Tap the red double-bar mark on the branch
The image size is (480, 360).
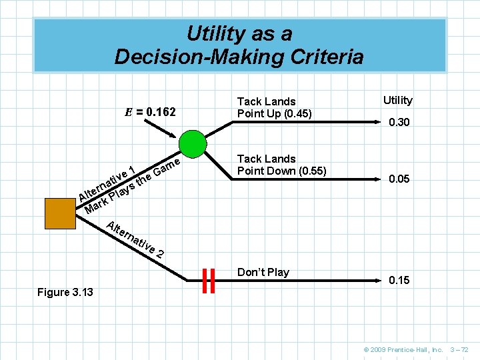pyautogui.click(x=208, y=281)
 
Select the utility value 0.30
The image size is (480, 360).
pyautogui.click(x=399, y=123)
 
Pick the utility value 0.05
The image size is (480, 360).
pyautogui.click(x=399, y=179)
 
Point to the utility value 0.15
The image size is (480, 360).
pyautogui.click(x=399, y=280)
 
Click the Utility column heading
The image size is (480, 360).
pyautogui.click(x=398, y=100)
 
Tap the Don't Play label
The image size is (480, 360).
pyautogui.click(x=263, y=272)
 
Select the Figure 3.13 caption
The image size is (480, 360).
pyautogui.click(x=65, y=292)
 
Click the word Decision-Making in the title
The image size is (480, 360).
pyautogui.click(x=200, y=57)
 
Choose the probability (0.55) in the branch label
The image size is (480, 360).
pyautogui.click(x=307, y=171)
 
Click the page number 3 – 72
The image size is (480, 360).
pyautogui.click(x=460, y=349)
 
